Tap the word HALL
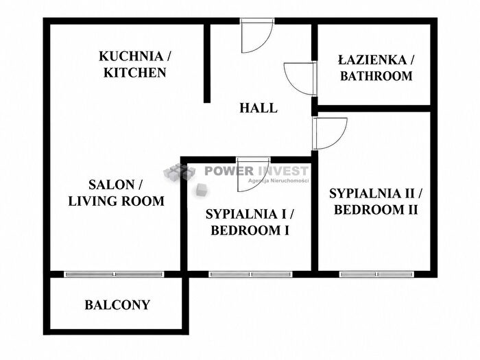point(259,108)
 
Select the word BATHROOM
point(376,76)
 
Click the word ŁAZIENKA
point(372,60)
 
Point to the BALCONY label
point(117,305)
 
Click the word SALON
point(111,184)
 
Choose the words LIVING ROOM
point(117,201)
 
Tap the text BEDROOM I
point(250,230)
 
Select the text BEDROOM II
point(376,210)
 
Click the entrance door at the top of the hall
point(256,35)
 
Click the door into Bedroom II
point(330,134)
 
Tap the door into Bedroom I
point(253,174)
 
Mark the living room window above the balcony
point(114,274)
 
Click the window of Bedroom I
point(250,274)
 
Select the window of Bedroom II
point(377,274)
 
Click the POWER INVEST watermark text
point(256,171)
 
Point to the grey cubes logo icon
point(179,171)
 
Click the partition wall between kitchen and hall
point(207,63)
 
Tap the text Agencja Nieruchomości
point(278,180)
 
